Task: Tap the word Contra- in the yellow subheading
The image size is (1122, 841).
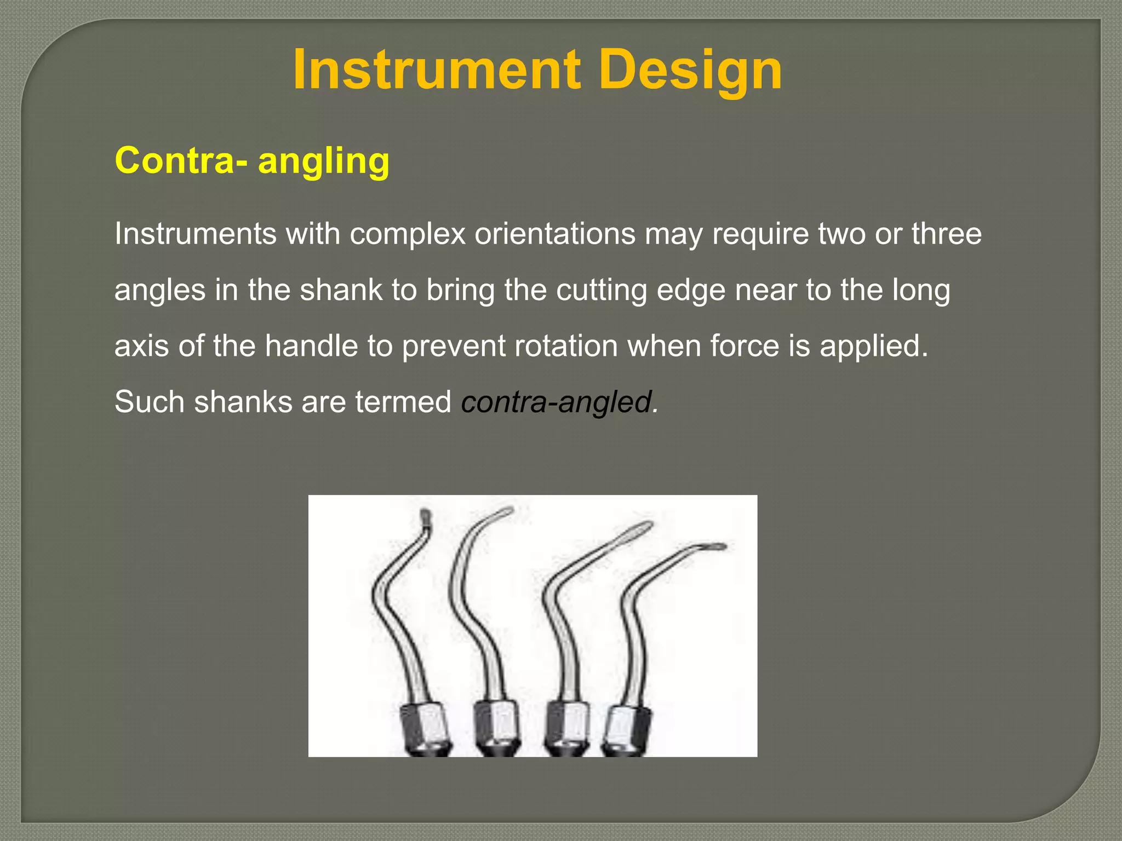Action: pos(181,160)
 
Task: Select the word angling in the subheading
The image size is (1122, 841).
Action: pos(323,162)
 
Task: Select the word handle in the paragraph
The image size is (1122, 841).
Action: pos(311,346)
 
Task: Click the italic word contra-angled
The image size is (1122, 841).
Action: pos(559,402)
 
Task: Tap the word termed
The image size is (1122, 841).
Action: pos(403,402)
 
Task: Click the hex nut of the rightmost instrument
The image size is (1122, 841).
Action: pos(629,726)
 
